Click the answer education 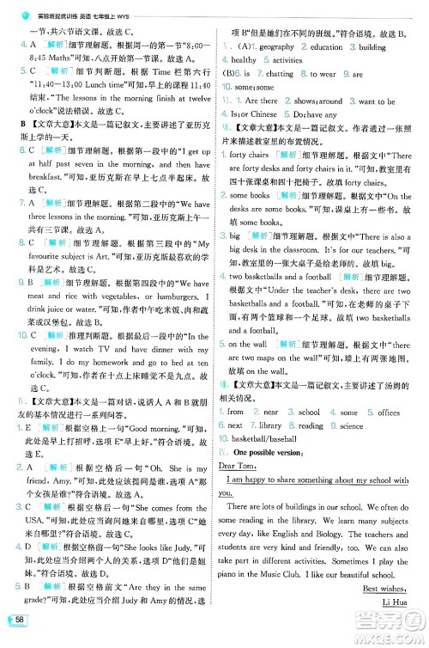[x=326, y=47]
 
